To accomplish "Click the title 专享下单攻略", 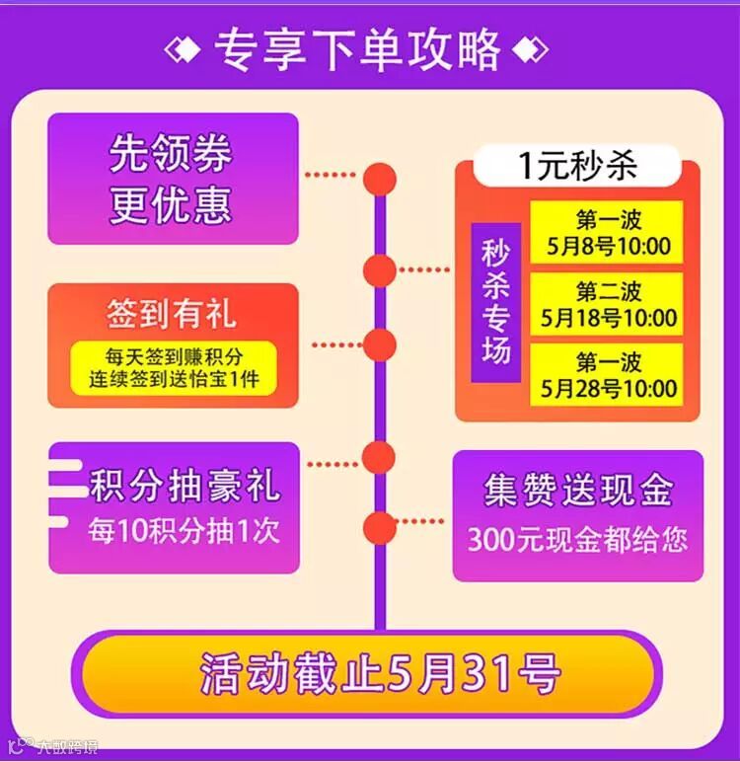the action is [x=356, y=47].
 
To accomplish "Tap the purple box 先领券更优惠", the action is [x=173, y=179].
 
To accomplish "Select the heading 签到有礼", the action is [x=173, y=315].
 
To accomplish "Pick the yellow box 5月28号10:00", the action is [x=608, y=374].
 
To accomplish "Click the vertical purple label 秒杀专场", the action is [x=495, y=302].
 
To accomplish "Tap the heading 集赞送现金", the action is [x=578, y=491].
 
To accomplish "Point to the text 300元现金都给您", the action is [x=578, y=540].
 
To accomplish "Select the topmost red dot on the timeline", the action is [x=379, y=179].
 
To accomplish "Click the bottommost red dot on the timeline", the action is [x=379, y=526].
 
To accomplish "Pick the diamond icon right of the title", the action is [x=531, y=47].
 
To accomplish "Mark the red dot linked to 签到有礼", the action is [x=379, y=344].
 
